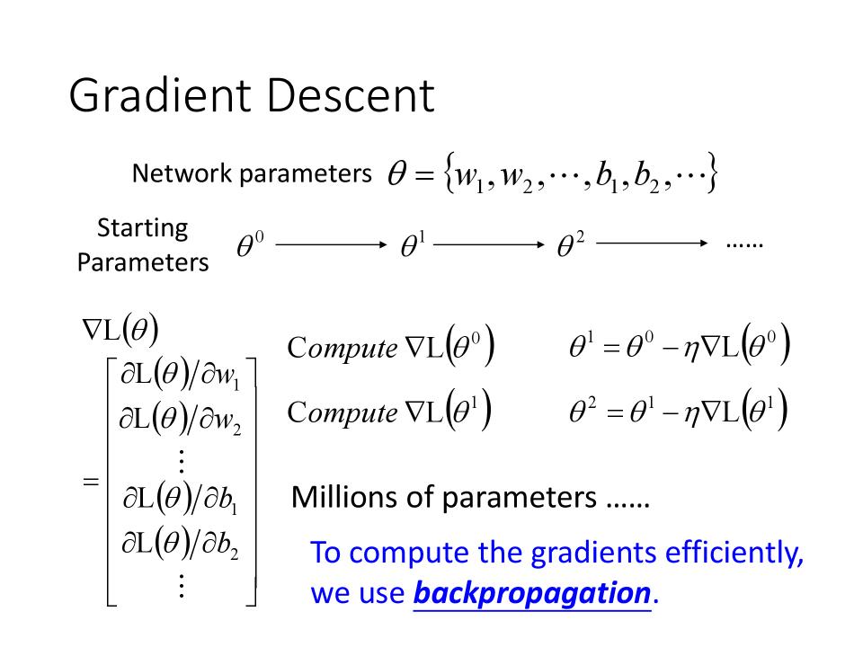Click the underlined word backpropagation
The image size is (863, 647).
531,594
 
